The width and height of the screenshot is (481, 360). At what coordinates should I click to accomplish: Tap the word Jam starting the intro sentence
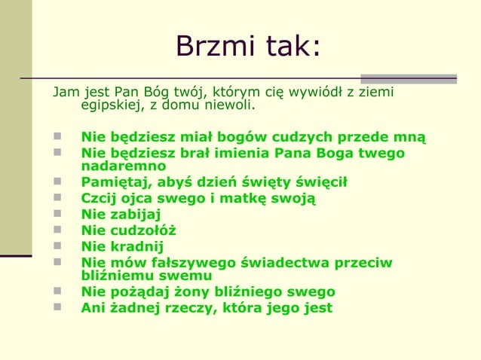[65, 93]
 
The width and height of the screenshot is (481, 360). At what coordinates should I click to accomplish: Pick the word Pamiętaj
[115, 182]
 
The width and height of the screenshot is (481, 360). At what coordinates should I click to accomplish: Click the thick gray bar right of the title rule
[409, 78]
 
